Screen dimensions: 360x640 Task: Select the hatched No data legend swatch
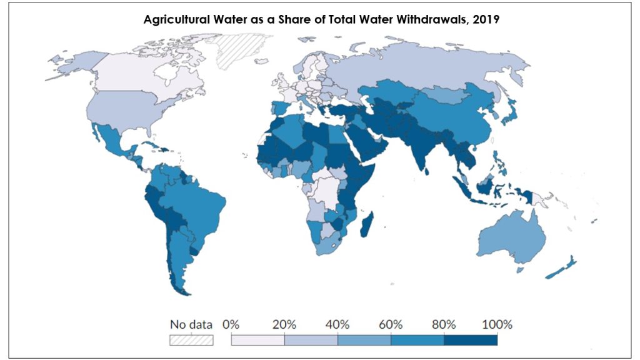click(x=191, y=339)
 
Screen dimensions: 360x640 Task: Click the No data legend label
click(x=191, y=324)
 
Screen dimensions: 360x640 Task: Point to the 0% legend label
click(x=231, y=324)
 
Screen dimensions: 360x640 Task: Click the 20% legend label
click(x=284, y=324)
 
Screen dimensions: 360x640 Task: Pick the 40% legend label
click(x=337, y=324)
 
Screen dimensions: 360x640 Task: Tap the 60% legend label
click(x=391, y=324)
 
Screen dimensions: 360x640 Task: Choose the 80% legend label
click(x=444, y=324)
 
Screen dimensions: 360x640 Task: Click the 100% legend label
click(x=497, y=324)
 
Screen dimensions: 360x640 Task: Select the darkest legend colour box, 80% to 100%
click(x=471, y=339)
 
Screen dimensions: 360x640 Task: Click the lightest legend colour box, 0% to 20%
click(x=257, y=339)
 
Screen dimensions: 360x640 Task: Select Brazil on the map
click(x=200, y=200)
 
